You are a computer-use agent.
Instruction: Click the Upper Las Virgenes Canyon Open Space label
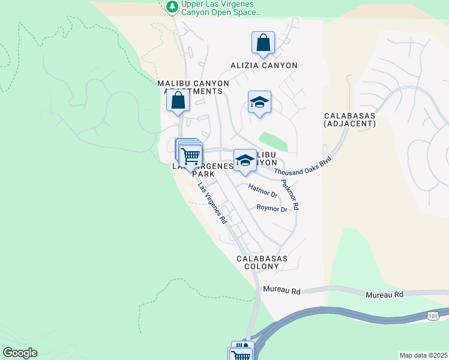219,8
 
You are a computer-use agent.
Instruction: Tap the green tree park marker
172,6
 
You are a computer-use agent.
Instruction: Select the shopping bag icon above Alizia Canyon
263,43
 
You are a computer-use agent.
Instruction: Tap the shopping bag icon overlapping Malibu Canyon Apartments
178,101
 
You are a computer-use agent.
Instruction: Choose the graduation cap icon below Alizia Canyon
259,103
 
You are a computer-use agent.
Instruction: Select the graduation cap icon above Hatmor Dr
244,160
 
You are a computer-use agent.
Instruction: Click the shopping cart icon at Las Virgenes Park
191,156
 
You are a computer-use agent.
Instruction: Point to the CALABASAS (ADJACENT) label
349,119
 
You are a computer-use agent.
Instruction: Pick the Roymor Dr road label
272,208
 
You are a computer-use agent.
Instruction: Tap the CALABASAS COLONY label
262,262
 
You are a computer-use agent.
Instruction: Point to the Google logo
20,353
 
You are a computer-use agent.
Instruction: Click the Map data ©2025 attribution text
423,355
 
